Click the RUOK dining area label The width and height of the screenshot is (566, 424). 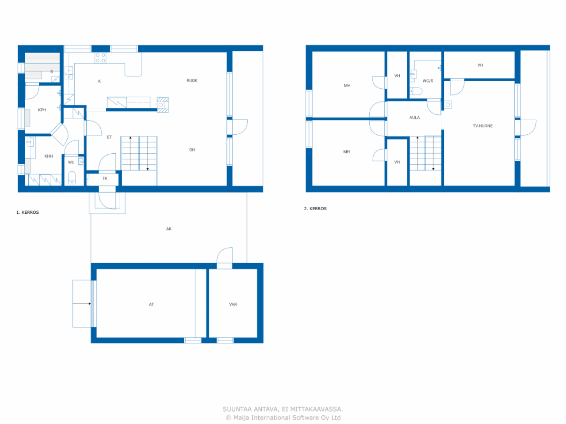pyautogui.click(x=192, y=80)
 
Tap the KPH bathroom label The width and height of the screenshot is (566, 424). pyautogui.click(x=42, y=110)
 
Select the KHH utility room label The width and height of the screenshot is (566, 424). pyautogui.click(x=49, y=156)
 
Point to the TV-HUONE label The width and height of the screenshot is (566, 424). pyautogui.click(x=482, y=126)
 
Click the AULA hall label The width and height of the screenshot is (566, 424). pyautogui.click(x=414, y=117)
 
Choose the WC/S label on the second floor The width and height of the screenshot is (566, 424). pyautogui.click(x=428, y=81)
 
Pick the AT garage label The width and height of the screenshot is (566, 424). pyautogui.click(x=151, y=304)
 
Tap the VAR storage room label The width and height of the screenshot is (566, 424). pyautogui.click(x=233, y=304)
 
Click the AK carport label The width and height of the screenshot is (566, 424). pyautogui.click(x=169, y=229)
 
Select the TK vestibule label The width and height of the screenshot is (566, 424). pyautogui.click(x=105, y=178)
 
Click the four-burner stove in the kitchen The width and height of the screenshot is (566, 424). pyautogui.click(x=100, y=58)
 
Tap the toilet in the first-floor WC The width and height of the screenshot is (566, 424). pyautogui.click(x=72, y=178)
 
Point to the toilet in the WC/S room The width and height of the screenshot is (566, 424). pyautogui.click(x=416, y=91)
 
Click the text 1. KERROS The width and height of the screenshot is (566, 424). pyautogui.click(x=27, y=212)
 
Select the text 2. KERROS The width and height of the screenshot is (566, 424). pyautogui.click(x=315, y=208)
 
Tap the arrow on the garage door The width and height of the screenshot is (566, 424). pyautogui.click(x=82, y=304)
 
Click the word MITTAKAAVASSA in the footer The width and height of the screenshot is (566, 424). pyautogui.click(x=317, y=409)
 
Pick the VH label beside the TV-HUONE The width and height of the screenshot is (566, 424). pyautogui.click(x=480, y=65)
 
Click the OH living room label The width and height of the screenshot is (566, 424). pyautogui.click(x=192, y=150)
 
